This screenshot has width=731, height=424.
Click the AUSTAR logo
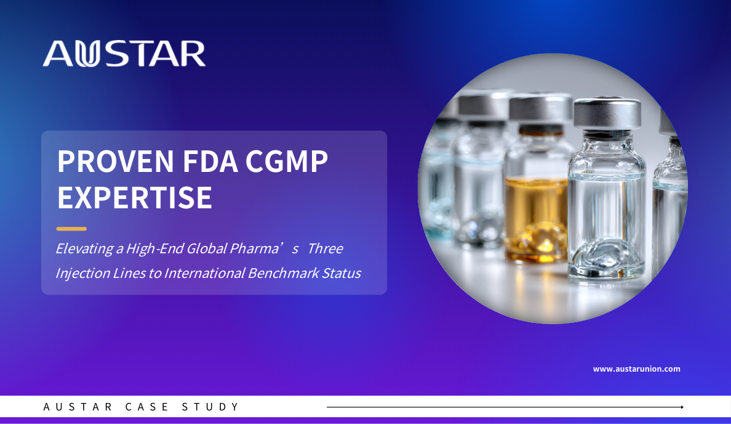tap(124, 54)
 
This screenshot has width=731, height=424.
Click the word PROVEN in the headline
tap(116, 161)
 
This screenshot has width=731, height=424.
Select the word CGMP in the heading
tap(287, 161)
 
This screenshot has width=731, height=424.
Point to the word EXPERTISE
tap(135, 198)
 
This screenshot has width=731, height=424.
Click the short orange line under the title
tap(71, 229)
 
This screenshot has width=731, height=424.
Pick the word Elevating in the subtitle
tap(84, 249)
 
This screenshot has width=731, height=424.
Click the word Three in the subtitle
tap(326, 248)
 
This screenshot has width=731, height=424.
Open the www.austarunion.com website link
tap(636, 369)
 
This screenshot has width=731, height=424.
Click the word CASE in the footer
tap(147, 407)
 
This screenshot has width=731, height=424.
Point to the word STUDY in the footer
tap(210, 407)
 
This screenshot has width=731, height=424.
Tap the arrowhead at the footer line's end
tap(682, 407)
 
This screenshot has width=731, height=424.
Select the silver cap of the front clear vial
tap(607, 113)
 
